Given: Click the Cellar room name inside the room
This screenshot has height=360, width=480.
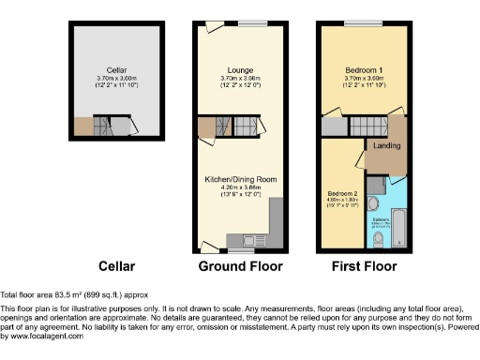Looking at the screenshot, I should pyautogui.click(x=116, y=70).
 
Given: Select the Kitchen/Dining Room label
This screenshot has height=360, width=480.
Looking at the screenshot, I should pyautogui.click(x=240, y=178).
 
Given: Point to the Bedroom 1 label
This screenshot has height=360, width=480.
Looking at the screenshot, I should pyautogui.click(x=362, y=70).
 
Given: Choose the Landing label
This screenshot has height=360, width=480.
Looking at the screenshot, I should pyautogui.click(x=385, y=146).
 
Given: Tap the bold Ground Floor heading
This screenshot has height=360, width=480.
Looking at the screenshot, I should pyautogui.click(x=239, y=266).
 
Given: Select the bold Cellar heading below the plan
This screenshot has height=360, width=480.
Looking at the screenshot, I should pyautogui.click(x=117, y=266).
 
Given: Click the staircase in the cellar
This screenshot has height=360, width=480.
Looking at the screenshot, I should pyautogui.click(x=119, y=125).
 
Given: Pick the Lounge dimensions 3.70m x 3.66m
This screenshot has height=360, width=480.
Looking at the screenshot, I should pyautogui.click(x=240, y=79).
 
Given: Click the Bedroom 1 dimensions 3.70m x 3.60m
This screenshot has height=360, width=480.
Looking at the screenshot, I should pyautogui.click(x=362, y=79).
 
